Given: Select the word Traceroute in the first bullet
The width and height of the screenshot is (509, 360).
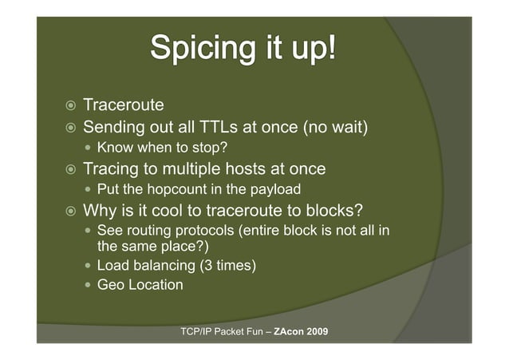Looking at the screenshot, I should (x=124, y=105).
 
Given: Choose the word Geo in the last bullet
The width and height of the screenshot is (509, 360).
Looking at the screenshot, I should (x=110, y=284).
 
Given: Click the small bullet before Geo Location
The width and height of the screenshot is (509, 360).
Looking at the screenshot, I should (x=89, y=285).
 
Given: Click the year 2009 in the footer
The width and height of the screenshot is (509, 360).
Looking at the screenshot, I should (x=317, y=330).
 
